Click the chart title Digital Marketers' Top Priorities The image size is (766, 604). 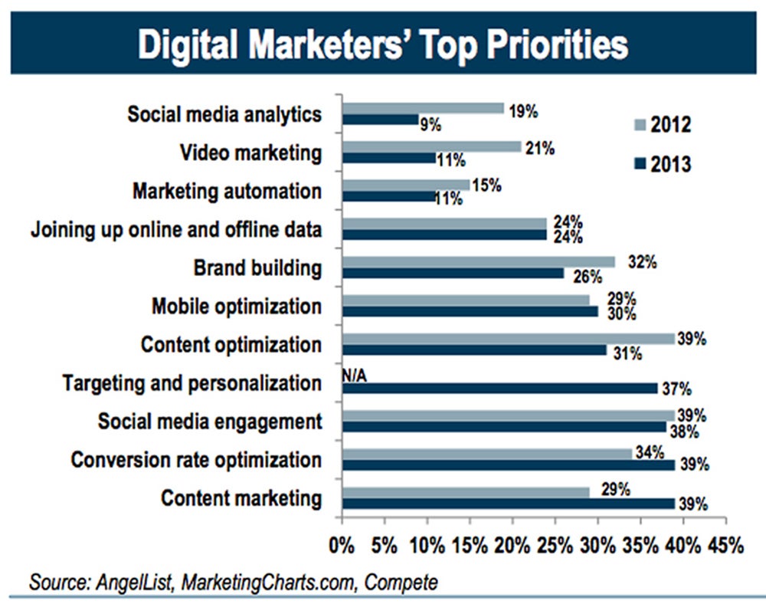(x=382, y=45)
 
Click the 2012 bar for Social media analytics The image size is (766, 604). (x=423, y=108)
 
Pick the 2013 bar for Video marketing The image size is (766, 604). (x=388, y=158)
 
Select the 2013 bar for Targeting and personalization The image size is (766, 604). (x=499, y=388)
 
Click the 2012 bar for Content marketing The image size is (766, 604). (x=466, y=491)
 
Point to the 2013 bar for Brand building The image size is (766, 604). (x=453, y=273)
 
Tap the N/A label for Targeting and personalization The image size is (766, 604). (x=355, y=375)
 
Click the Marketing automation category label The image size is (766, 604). (x=227, y=190)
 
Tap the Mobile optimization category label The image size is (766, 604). (x=237, y=306)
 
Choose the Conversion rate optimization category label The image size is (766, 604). (x=196, y=460)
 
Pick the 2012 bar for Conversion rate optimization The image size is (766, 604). (x=487, y=453)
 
